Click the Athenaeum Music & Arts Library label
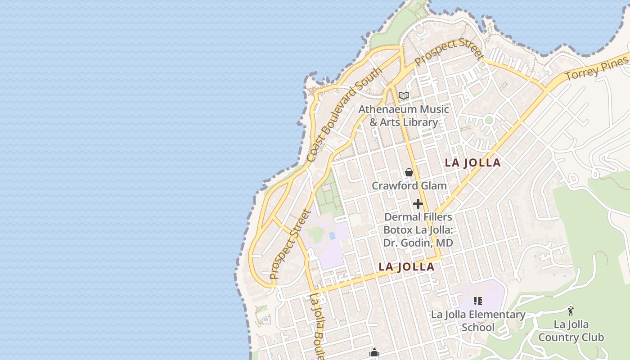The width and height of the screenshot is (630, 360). (x=404, y=116)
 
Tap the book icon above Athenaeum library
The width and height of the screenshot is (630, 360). (x=404, y=95)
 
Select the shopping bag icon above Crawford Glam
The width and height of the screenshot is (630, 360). (x=409, y=172)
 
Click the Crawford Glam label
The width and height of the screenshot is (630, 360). (x=409, y=185)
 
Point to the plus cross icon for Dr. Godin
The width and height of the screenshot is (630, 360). (x=418, y=204)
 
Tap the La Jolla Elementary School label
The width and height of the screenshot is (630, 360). (x=478, y=321)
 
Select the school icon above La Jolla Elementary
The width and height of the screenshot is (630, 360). (x=478, y=301)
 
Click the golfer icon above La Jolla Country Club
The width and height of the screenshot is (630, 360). (x=571, y=310)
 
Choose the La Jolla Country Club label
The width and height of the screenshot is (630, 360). (x=571, y=331)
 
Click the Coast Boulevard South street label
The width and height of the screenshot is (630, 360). (x=344, y=115)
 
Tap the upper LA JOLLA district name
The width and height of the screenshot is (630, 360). (x=472, y=163)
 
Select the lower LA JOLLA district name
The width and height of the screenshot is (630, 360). (x=406, y=267)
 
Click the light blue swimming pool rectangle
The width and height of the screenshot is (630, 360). (x=332, y=235)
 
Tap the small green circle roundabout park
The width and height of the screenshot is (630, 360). (x=489, y=120)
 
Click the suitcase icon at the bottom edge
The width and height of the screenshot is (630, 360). (x=374, y=353)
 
